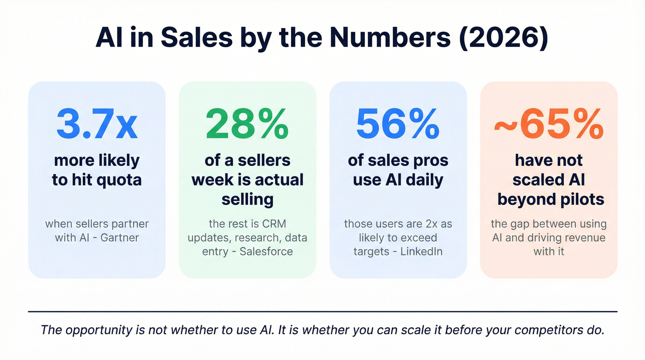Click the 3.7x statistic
97,124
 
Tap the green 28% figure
247,124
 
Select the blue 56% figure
398,124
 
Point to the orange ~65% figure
549,124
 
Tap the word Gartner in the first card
124,238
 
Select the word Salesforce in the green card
266,252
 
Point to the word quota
118,180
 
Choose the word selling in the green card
247,199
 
